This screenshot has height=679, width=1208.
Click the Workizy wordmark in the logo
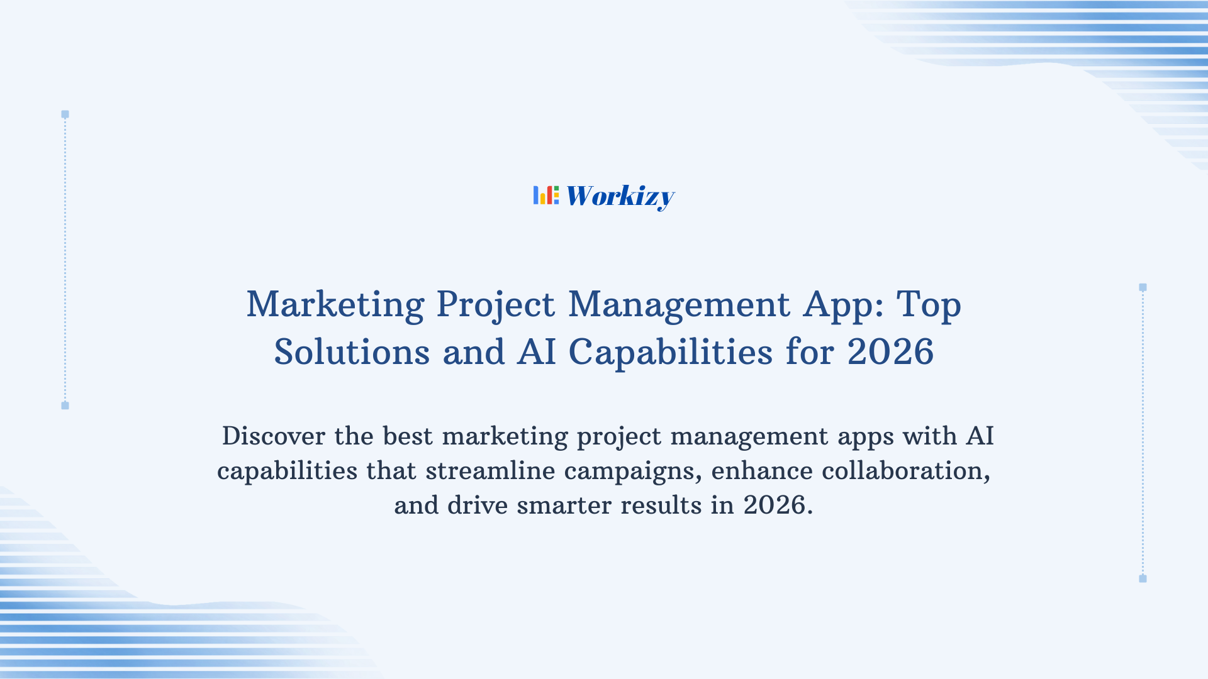click(620, 196)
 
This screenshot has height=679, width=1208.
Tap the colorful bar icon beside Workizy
click(545, 195)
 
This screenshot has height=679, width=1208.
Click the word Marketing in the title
click(335, 304)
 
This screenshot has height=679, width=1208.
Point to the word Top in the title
click(929, 304)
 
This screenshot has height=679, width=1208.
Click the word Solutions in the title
click(352, 351)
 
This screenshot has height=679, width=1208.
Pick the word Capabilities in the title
click(671, 351)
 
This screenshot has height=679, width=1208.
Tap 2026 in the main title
click(890, 351)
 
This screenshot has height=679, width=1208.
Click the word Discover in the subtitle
click(274, 436)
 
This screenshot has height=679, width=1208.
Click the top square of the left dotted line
click(65, 114)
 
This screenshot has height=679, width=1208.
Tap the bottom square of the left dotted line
click(65, 406)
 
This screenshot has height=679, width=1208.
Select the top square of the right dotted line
click(1143, 287)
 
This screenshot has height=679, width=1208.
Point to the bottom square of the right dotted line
click(1143, 578)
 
